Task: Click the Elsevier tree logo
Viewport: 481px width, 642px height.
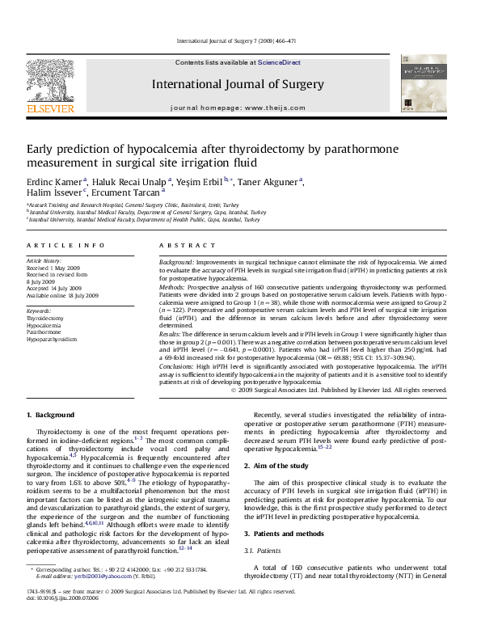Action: [x=50, y=83]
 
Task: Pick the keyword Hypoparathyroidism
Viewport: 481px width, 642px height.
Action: [x=52, y=340]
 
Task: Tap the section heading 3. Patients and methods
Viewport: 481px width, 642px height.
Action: [x=285, y=534]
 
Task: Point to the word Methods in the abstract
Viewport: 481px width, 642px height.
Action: [x=173, y=287]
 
